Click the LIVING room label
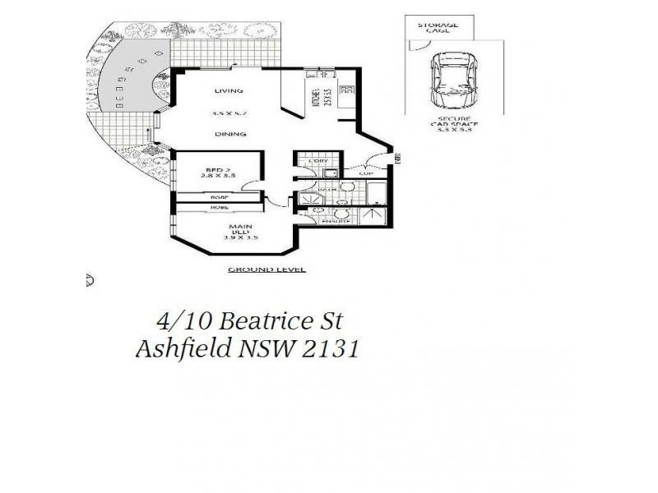click(x=226, y=90)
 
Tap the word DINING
click(x=226, y=134)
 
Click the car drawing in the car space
click(x=450, y=81)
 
